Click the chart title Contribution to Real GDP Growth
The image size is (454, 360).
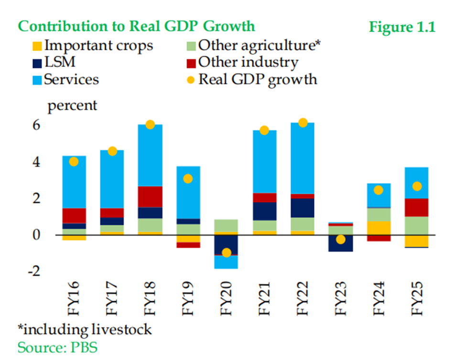click(136, 26)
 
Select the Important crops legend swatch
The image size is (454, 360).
click(37, 46)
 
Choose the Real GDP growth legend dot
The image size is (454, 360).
click(191, 79)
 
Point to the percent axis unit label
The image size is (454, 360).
click(72, 105)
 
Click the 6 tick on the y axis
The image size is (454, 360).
click(36, 126)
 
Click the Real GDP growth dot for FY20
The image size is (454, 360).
click(227, 253)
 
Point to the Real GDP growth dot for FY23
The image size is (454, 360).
click(340, 239)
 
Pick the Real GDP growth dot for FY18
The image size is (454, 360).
click(150, 125)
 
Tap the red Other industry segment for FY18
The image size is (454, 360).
click(150, 196)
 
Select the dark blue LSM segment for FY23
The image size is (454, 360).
click(340, 244)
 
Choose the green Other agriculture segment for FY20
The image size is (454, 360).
click(227, 225)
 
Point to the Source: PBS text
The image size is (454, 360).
click(57, 347)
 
